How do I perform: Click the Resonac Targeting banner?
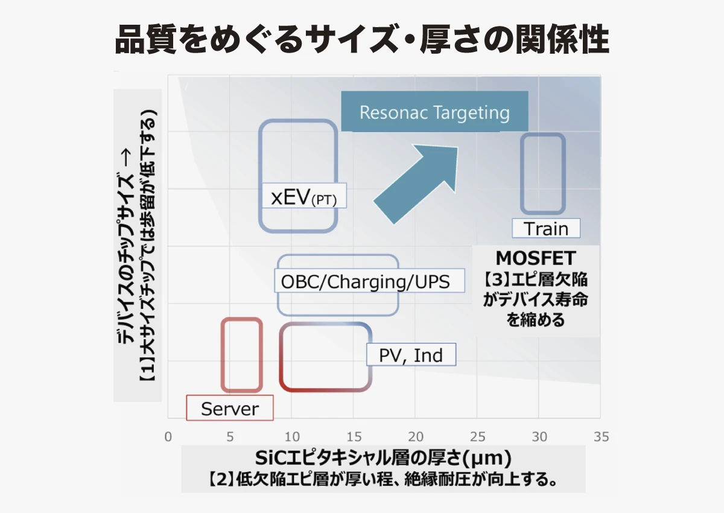435,112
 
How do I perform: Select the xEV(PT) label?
304,196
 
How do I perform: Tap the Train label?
546,228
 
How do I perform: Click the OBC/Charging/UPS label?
369,281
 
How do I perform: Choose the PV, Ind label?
411,355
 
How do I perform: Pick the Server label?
230,408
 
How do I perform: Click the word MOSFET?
536,258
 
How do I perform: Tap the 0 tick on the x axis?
168,437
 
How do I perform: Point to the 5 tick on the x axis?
230,437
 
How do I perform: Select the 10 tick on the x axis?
292,437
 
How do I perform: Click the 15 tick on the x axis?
354,437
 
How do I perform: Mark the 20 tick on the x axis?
416,437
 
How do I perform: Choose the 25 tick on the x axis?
478,437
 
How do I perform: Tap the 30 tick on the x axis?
539,437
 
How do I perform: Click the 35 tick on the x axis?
601,437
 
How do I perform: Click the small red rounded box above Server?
223,355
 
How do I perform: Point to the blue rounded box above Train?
522,174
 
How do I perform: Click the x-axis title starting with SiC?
383,457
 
